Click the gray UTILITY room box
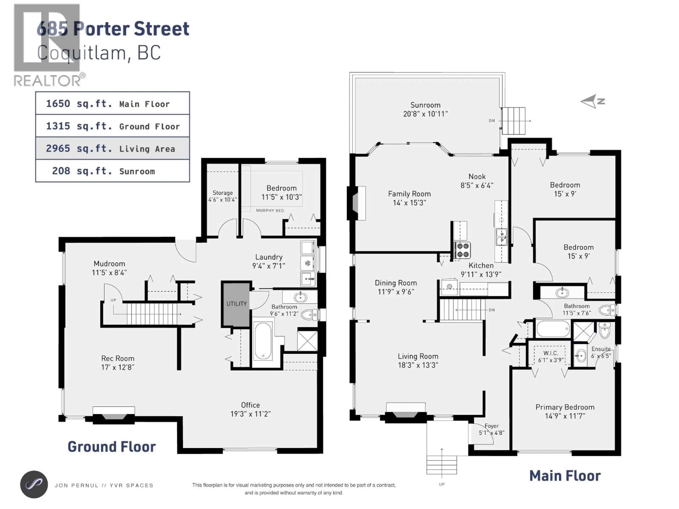pos(236,304)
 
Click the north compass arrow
pos(591,101)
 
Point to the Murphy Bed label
pos(270,210)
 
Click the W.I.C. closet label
pos(550,353)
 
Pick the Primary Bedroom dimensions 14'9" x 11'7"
pos(565,416)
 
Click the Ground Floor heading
pos(112,447)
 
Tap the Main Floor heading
pos(565,476)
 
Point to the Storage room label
pos(223,193)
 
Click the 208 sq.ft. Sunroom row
pos(112,171)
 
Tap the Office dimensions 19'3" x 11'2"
pos(251,414)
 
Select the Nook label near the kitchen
pos(477,177)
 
